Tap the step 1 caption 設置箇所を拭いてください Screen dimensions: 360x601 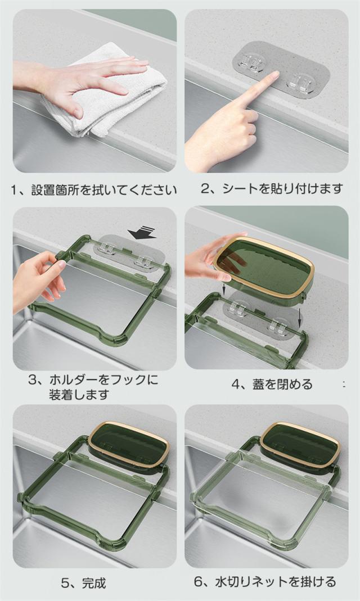point(104,190)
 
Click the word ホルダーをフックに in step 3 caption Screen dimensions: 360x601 point(103,380)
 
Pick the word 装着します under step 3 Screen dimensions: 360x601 point(79,395)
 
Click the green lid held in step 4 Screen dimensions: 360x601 point(264,267)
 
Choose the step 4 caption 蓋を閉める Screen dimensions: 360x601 point(282,384)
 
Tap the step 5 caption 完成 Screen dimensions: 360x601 point(94,584)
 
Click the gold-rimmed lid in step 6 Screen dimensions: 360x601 point(300,445)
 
